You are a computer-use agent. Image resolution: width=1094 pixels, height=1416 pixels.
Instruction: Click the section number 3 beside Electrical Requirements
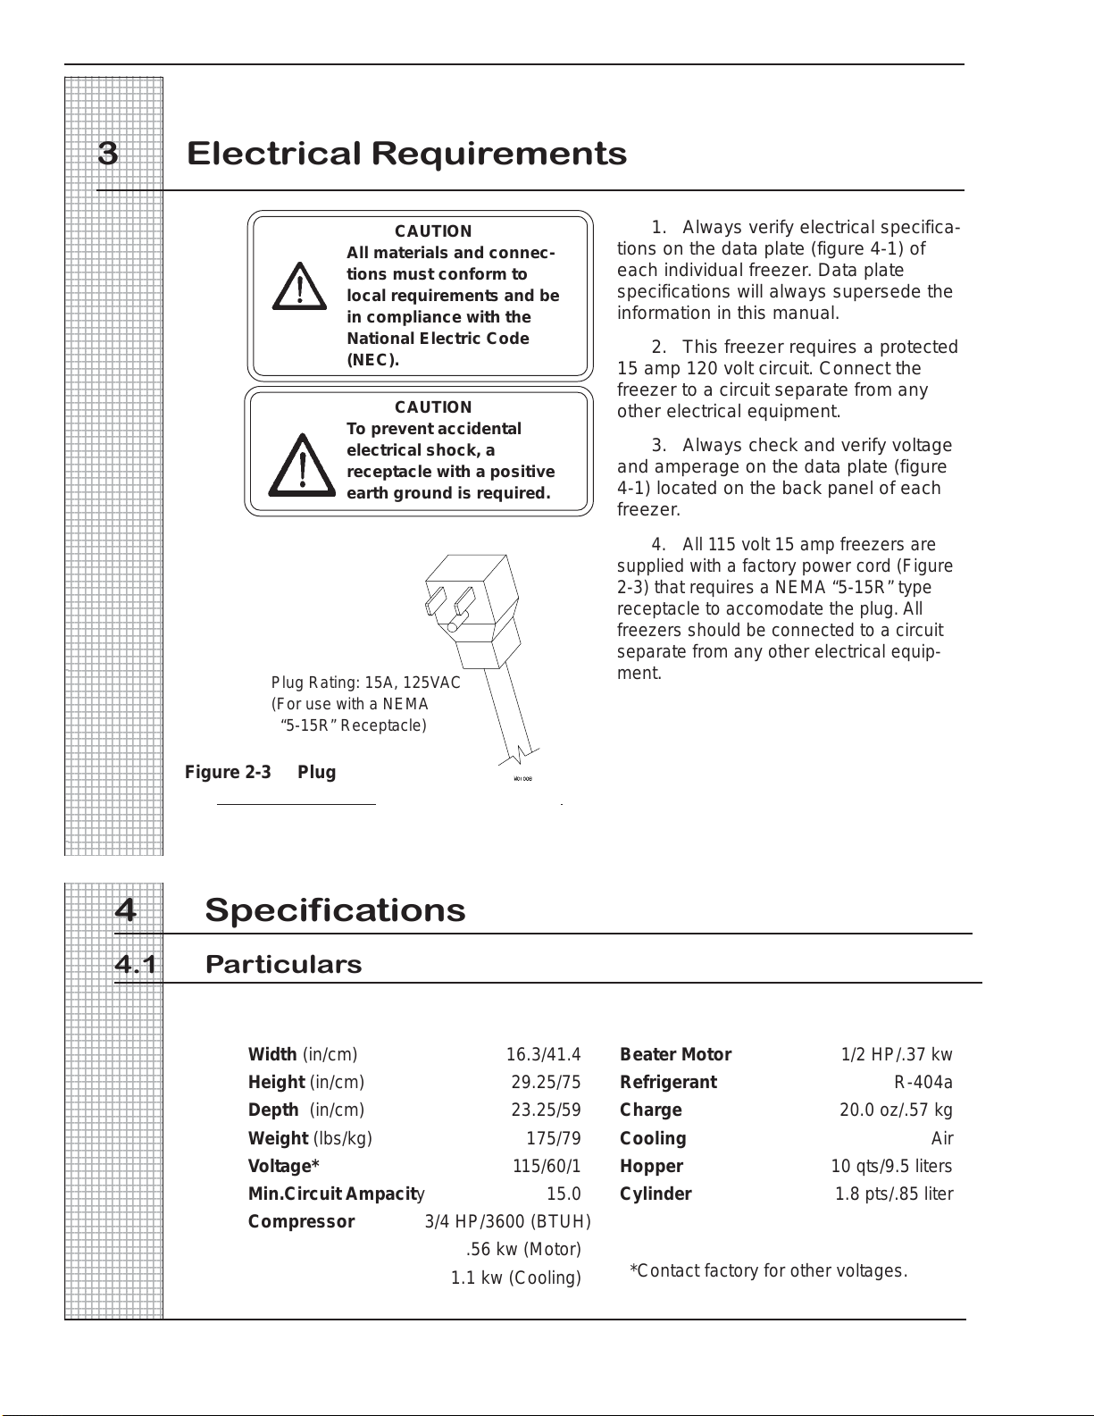(108, 155)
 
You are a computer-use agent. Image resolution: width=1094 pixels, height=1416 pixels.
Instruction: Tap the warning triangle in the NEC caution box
(300, 287)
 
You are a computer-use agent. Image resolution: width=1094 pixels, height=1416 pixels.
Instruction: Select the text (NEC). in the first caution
(372, 360)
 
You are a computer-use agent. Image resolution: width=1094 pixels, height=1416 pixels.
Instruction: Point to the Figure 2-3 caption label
(228, 772)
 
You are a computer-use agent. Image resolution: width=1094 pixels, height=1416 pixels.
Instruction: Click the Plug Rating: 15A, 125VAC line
(365, 683)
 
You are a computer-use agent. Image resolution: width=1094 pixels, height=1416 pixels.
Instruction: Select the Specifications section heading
(335, 910)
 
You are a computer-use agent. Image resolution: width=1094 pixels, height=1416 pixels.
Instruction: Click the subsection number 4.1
(135, 965)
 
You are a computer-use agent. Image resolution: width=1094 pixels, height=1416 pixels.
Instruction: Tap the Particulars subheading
(283, 965)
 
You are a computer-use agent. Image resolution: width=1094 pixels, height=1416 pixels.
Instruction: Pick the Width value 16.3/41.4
(543, 1054)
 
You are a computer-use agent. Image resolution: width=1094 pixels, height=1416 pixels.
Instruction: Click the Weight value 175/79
(554, 1138)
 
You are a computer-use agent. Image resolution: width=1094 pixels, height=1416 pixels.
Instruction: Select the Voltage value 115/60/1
(547, 1166)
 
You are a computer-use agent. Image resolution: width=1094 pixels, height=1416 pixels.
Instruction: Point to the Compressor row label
(301, 1221)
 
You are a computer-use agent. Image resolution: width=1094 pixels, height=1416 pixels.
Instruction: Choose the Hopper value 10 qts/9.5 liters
(891, 1166)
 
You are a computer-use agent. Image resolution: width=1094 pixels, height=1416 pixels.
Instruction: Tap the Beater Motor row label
(675, 1054)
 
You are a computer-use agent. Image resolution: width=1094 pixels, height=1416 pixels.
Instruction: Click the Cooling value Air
(942, 1138)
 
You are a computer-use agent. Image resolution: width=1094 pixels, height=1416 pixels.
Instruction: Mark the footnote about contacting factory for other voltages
(768, 1270)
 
